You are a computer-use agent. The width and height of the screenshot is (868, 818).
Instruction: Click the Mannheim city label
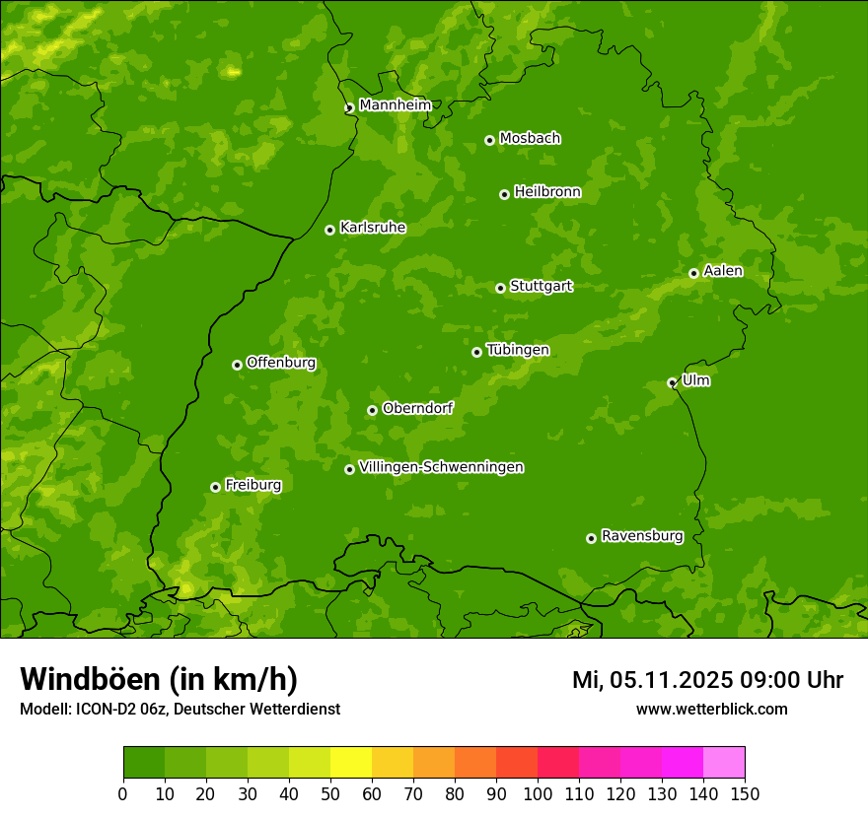396,105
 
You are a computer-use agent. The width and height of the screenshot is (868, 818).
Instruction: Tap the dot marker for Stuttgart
500,288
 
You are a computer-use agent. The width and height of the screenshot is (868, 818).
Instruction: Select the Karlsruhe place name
373,228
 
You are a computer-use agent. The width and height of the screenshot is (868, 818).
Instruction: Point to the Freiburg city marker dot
215,487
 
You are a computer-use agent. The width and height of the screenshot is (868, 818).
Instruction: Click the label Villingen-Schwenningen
441,467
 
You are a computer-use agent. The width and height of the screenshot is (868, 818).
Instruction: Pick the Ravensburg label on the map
642,536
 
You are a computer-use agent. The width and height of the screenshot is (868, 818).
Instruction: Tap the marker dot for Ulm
672,382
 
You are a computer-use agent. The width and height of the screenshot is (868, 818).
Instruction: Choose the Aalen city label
723,271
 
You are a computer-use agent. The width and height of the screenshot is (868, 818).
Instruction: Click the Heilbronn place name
547,192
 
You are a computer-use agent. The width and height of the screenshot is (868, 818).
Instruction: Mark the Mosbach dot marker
489,140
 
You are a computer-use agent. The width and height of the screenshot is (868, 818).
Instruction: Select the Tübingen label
518,350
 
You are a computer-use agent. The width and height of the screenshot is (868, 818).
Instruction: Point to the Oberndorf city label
418,408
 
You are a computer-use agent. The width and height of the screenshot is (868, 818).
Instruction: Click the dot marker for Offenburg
237,365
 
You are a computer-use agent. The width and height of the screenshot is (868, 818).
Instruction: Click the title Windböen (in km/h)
159,679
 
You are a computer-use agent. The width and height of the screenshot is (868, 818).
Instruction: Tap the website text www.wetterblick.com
711,709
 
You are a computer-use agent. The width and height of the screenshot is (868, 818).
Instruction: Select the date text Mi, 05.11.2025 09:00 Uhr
707,680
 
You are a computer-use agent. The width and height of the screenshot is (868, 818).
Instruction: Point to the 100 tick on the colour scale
538,793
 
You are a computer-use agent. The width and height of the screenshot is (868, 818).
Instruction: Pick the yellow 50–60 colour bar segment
351,763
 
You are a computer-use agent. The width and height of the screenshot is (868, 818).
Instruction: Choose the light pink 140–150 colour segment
724,763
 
